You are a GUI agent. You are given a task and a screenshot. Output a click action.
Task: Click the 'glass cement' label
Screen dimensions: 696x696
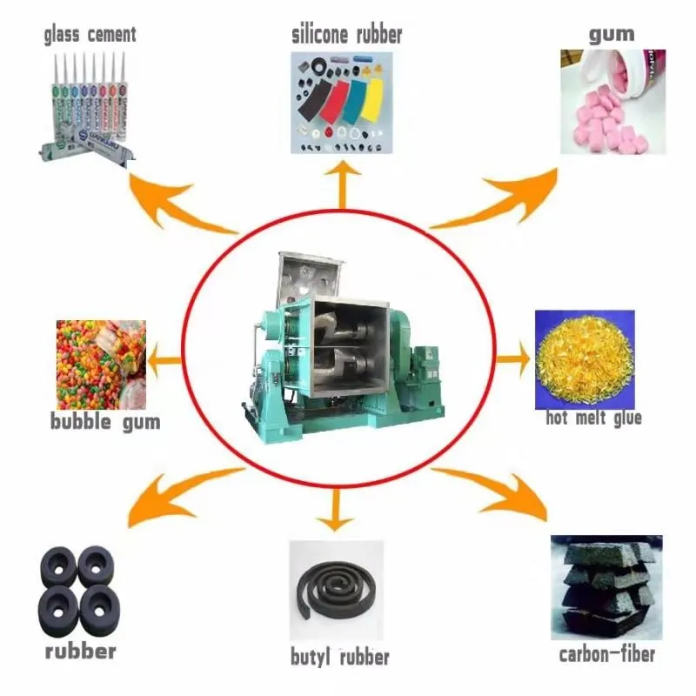[x=90, y=35]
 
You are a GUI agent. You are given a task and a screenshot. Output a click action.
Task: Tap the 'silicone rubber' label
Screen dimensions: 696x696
[x=347, y=35]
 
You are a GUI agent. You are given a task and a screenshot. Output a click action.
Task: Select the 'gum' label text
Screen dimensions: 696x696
[x=612, y=35]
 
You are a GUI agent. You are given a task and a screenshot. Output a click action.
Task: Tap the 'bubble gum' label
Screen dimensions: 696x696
[x=104, y=424]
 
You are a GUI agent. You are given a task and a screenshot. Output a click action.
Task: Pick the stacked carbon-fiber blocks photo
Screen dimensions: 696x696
[x=606, y=587]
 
